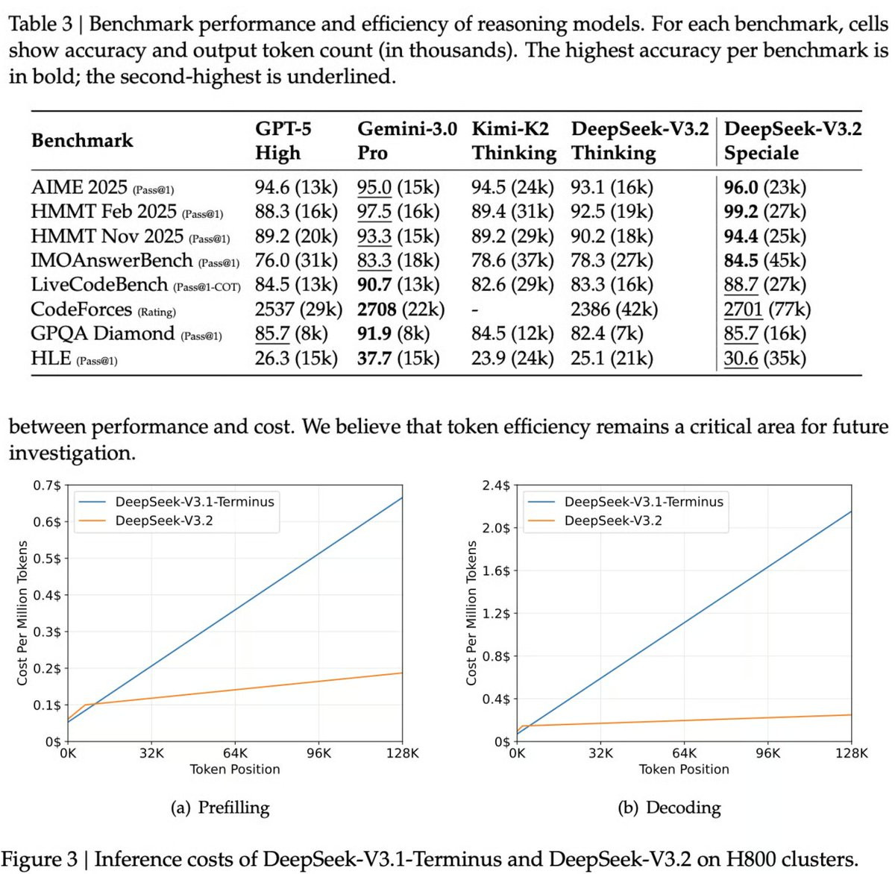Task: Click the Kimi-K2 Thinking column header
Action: [x=514, y=141]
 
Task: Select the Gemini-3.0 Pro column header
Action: [x=407, y=141]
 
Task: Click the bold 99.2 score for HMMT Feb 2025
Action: [x=741, y=212]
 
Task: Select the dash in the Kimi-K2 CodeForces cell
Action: [x=474, y=311]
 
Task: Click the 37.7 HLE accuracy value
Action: [x=374, y=359]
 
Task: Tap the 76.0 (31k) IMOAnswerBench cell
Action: [x=296, y=261]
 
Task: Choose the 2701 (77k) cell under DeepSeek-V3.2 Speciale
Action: [x=767, y=309]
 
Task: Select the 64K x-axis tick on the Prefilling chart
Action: [x=235, y=753]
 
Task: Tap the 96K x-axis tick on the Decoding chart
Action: [x=768, y=753]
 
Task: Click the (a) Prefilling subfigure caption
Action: [x=220, y=807]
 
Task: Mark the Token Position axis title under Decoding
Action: [x=684, y=770]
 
